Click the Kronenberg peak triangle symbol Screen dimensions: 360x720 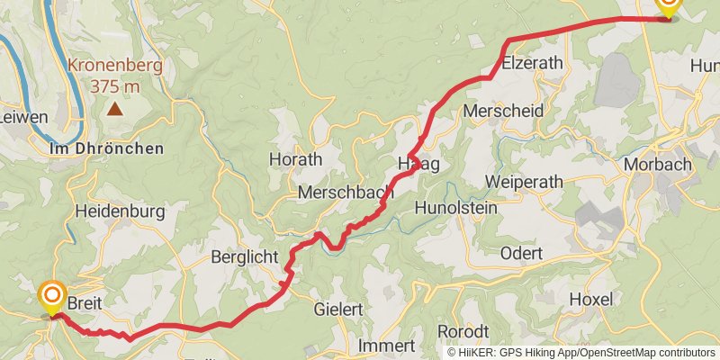(x=116, y=110)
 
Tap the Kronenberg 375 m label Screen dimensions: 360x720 (x=114, y=76)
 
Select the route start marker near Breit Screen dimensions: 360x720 (x=52, y=295)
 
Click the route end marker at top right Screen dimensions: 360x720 (x=668, y=5)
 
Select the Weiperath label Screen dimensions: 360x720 (x=524, y=182)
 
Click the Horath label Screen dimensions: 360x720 (x=295, y=159)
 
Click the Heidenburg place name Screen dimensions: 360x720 (x=120, y=212)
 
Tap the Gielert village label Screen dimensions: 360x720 (x=338, y=310)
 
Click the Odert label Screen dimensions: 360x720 (x=521, y=254)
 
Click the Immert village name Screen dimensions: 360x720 (x=385, y=346)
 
